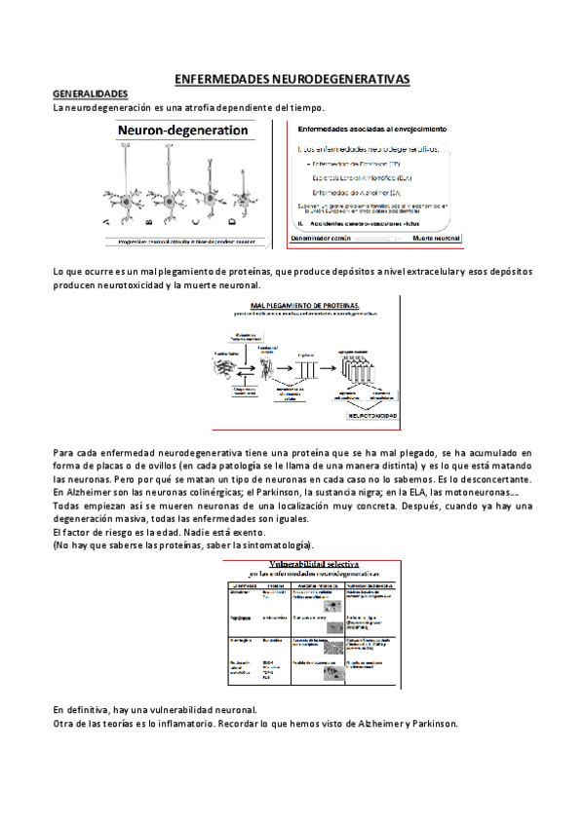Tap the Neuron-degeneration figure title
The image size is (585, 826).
(x=182, y=129)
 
